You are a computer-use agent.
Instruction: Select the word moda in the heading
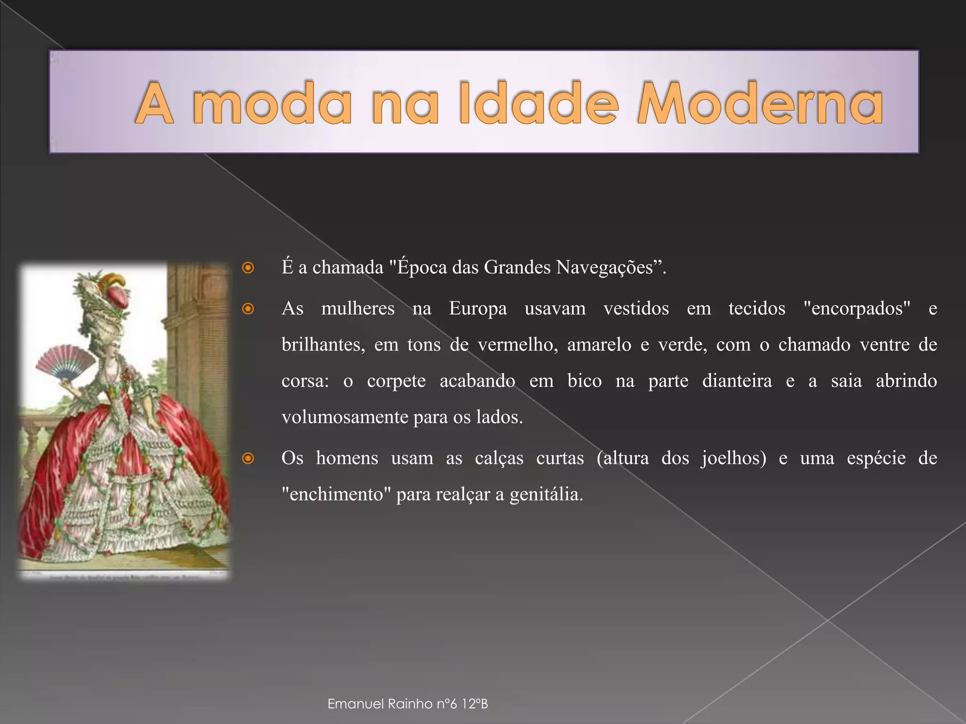(272, 104)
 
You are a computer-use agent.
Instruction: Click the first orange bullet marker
(248, 268)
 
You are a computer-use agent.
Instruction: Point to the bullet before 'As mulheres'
(248, 309)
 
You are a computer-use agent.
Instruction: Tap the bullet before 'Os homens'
(248, 458)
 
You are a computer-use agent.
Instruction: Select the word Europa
(478, 309)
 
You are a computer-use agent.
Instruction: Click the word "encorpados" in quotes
(857, 309)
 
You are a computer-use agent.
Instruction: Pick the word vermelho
(517, 345)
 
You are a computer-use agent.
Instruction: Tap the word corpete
(396, 381)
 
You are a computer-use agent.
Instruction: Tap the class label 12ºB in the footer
(475, 704)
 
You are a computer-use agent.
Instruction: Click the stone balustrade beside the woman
(33, 443)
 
